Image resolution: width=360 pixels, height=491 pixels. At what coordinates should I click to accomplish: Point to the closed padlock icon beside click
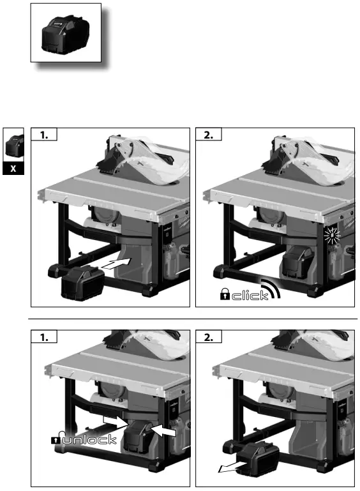point(225,294)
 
